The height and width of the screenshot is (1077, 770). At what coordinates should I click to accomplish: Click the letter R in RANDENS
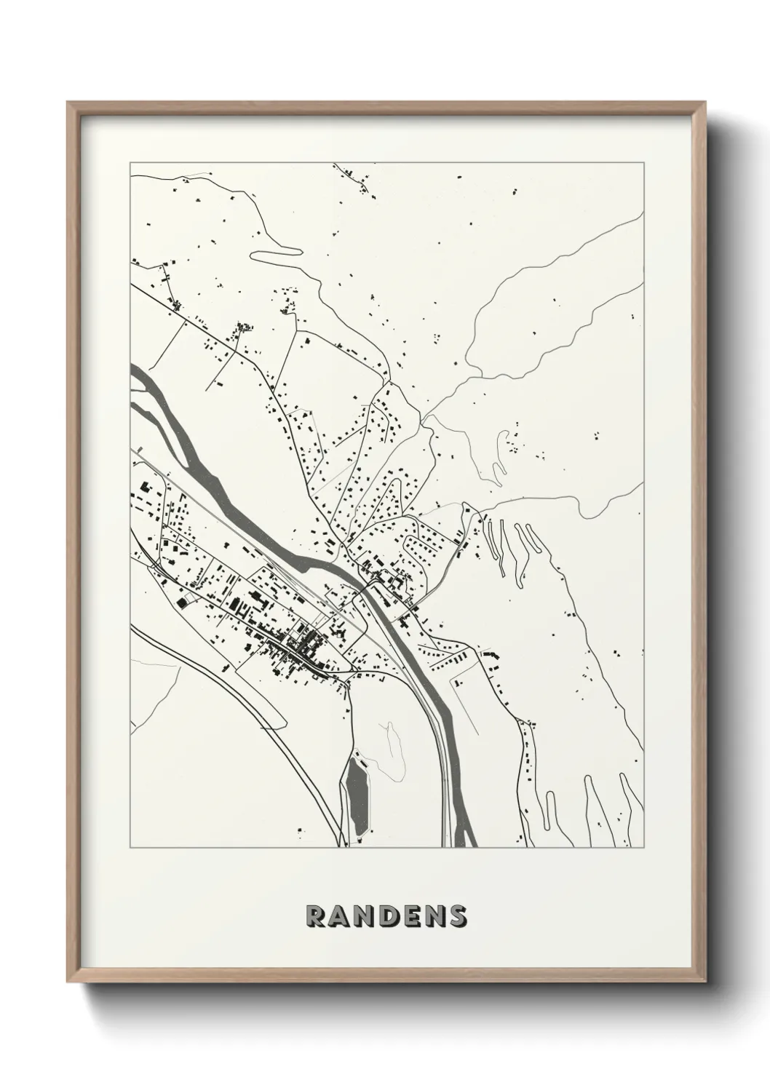point(316,916)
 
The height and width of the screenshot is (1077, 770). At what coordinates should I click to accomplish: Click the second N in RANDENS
point(434,916)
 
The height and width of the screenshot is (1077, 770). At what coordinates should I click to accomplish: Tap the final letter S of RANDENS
point(458,916)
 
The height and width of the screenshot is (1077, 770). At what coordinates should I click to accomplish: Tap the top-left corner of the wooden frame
point(68,103)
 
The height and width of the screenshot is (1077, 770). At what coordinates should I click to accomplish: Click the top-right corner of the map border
point(644,163)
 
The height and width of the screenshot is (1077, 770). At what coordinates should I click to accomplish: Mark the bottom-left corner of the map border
point(130,848)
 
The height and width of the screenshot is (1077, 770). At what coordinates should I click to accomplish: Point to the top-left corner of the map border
point(130,163)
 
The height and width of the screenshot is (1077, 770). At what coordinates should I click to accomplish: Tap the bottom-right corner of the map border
point(644,848)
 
